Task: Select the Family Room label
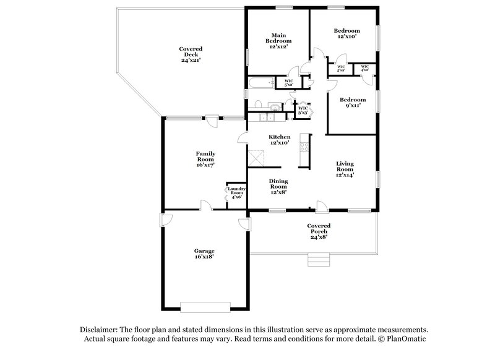pyautogui.click(x=205, y=160)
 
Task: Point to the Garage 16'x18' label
pyautogui.click(x=205, y=254)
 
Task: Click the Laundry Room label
pyautogui.click(x=238, y=193)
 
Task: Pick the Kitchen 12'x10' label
pyautogui.click(x=279, y=140)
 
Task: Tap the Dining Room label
pyautogui.click(x=279, y=186)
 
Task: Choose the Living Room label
pyautogui.click(x=345, y=169)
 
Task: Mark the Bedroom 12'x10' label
pyautogui.click(x=346, y=33)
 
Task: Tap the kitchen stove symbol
pyautogui.click(x=304, y=147)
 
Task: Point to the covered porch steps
pyautogui.click(x=316, y=260)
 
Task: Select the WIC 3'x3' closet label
pyautogui.click(x=303, y=111)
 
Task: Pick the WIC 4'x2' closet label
pyautogui.click(x=364, y=68)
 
